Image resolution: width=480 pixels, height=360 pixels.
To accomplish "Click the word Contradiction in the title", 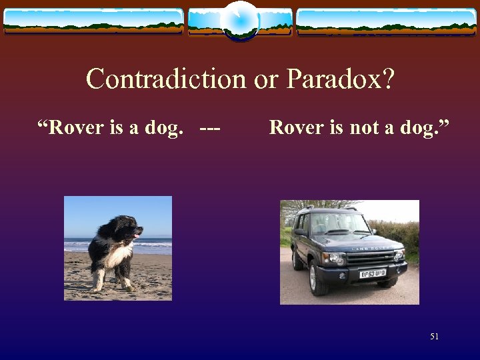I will pyautogui.click(x=166, y=79).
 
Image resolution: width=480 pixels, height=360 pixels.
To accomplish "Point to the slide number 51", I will pyautogui.click(x=435, y=337).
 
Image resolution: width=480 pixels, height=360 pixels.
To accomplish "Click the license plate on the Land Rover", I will pyautogui.click(x=374, y=273).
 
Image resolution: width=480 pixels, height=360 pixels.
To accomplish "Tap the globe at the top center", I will pyautogui.click(x=240, y=21).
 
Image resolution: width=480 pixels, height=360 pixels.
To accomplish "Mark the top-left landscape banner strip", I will pyautogui.click(x=93, y=21).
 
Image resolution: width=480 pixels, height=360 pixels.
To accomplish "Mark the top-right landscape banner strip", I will pyautogui.click(x=387, y=21).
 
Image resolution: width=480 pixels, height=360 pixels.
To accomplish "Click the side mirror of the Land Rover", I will pyautogui.click(x=301, y=233).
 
